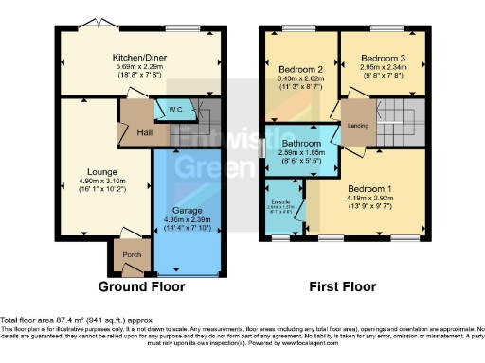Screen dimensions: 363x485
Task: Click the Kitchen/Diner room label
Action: point(140,57)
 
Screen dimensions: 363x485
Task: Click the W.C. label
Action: point(175,110)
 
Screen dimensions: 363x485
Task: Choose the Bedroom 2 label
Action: point(295,70)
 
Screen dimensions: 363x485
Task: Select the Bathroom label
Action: point(302,142)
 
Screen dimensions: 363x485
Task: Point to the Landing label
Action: point(358,123)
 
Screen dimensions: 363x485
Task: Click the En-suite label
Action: point(280,201)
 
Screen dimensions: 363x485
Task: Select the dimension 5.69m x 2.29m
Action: point(140,66)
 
